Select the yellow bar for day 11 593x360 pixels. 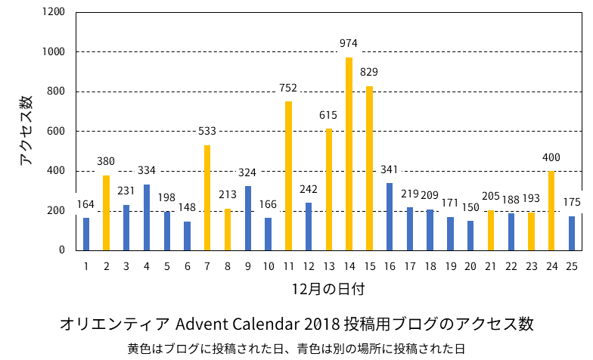click(288, 175)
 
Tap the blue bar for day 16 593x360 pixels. click(390, 216)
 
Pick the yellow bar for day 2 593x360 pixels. click(106, 213)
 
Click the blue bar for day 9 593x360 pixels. click(247, 218)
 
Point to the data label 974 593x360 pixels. click(349, 43)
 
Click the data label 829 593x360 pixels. click(369, 72)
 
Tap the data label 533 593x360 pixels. click(207, 131)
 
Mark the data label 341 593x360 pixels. click(390, 169)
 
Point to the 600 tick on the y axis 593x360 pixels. click(56, 132)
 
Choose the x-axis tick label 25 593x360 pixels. click(572, 265)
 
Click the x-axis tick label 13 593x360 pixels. click(329, 265)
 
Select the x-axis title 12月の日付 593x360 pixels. click(323, 289)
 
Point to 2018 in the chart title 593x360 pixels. click(322, 324)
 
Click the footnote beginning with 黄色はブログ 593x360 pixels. click(296, 349)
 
